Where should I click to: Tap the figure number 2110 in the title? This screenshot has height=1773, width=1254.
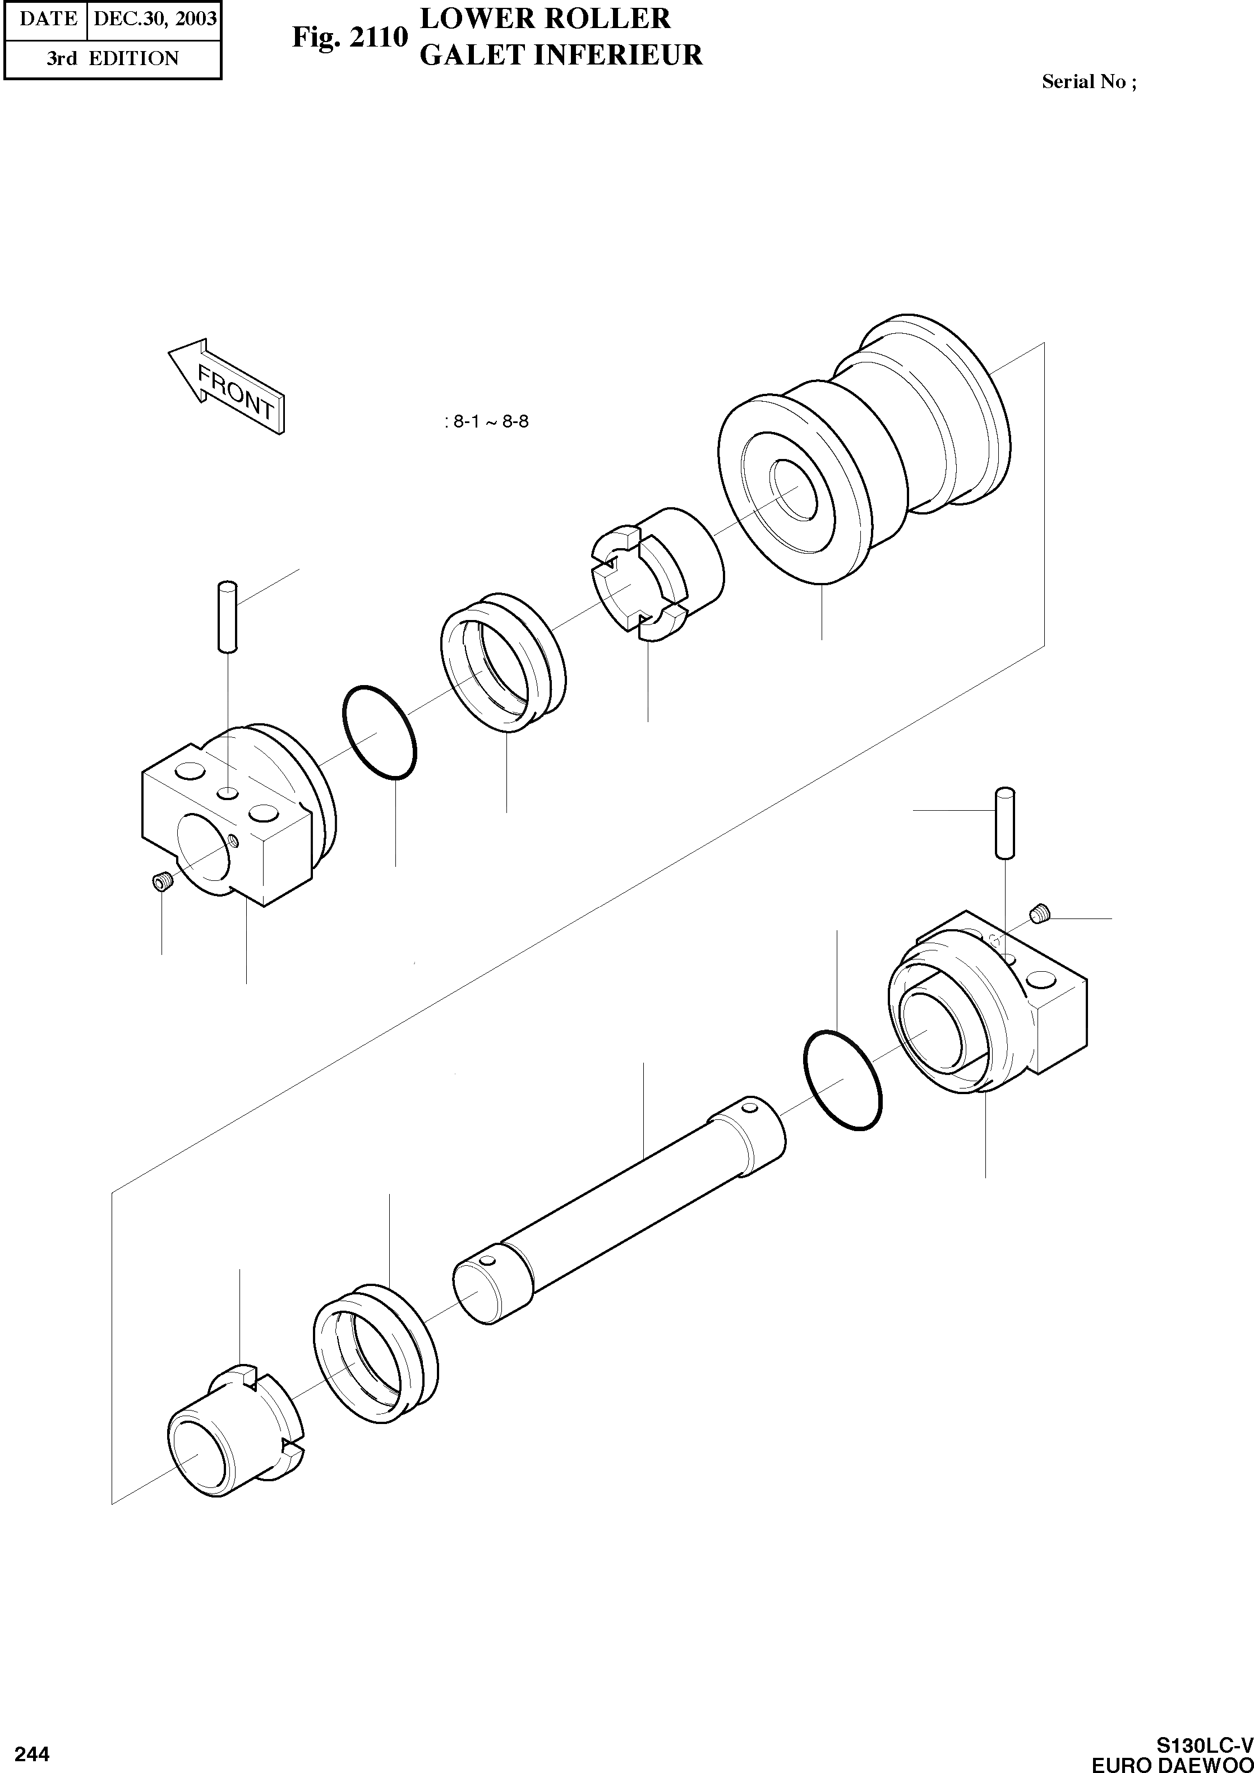point(349,37)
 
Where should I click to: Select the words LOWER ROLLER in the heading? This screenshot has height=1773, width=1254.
point(545,18)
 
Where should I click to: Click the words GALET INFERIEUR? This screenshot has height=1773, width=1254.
point(561,55)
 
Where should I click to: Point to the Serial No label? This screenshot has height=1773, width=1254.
point(1088,82)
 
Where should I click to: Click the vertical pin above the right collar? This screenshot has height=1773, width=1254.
point(1004,822)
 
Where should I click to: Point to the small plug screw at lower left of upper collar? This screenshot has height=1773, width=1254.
point(162,881)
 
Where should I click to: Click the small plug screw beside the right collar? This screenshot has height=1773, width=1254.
point(1040,916)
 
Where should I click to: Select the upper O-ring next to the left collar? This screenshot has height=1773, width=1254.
point(379,732)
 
